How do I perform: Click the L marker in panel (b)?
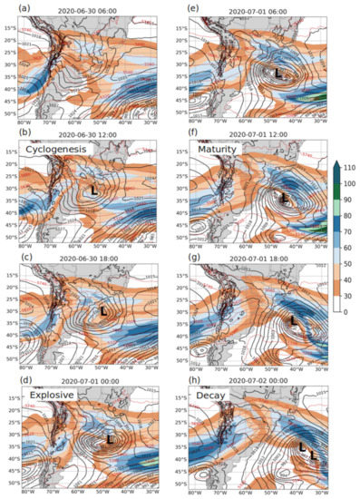click(94, 191)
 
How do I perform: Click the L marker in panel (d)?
click(110, 439)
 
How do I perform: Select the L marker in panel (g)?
click(293, 320)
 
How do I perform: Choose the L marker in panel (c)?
click(102, 311)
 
